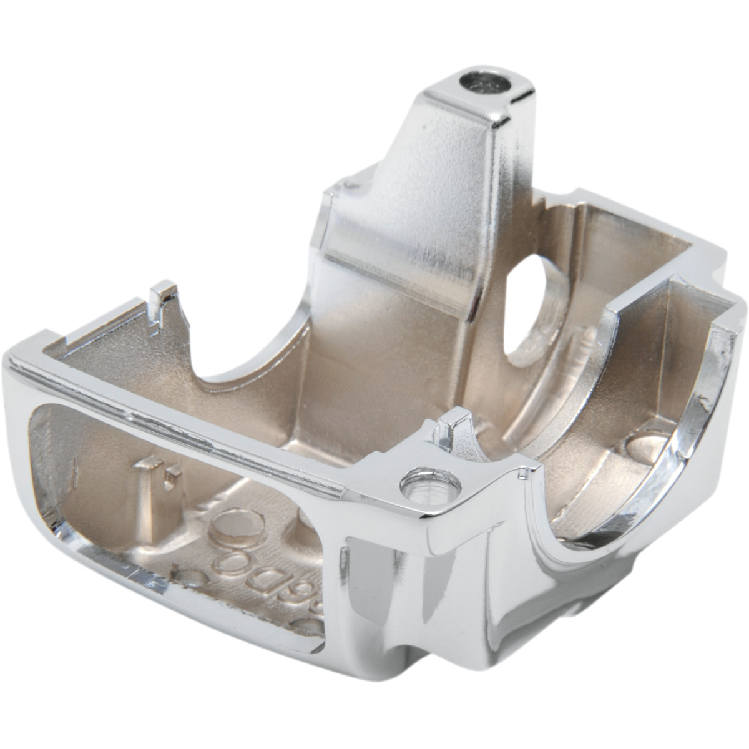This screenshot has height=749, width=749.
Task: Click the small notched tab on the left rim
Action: click(164, 298)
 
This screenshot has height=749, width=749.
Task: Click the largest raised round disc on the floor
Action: click(235, 529)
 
